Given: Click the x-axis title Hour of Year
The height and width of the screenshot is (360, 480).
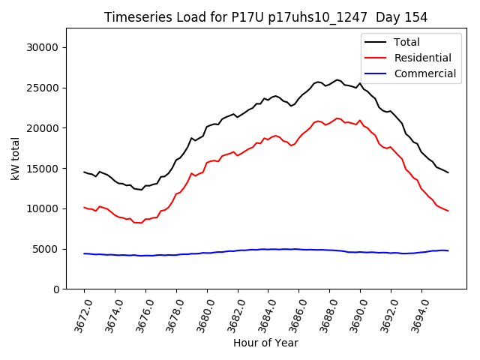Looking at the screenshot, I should (x=265, y=343).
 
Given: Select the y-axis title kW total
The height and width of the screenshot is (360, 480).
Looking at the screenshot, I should (x=15, y=159).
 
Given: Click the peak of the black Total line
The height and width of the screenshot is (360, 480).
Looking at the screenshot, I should (x=337, y=79).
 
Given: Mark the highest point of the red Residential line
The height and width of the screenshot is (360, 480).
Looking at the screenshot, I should (x=337, y=118).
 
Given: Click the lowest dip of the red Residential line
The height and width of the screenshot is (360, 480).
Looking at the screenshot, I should (x=139, y=223).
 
